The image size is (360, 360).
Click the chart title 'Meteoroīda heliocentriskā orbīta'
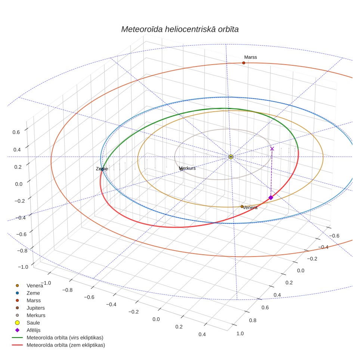coord(180,30)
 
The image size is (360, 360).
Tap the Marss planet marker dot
coord(243,63)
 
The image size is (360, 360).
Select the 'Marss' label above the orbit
coord(251,57)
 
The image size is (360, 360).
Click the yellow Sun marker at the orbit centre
coord(231,157)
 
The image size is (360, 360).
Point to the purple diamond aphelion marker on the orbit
coord(271,198)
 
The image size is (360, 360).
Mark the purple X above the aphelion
coord(272,149)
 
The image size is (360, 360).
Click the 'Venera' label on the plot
coord(250,208)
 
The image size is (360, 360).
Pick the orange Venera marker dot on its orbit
coord(242,207)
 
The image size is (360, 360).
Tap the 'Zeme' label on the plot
coord(102,169)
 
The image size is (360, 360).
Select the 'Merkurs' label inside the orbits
coord(187,168)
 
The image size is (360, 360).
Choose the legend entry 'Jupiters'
coord(35,308)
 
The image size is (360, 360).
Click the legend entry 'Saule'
coord(33,323)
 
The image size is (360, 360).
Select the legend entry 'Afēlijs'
coord(34,330)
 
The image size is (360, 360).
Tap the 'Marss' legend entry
coord(34,301)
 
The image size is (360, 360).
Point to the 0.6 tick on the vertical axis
coord(16,132)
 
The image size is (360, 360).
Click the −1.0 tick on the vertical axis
coord(23,267)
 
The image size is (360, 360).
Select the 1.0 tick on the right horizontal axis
coord(240,333)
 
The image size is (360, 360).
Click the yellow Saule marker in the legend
coord(17,323)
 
